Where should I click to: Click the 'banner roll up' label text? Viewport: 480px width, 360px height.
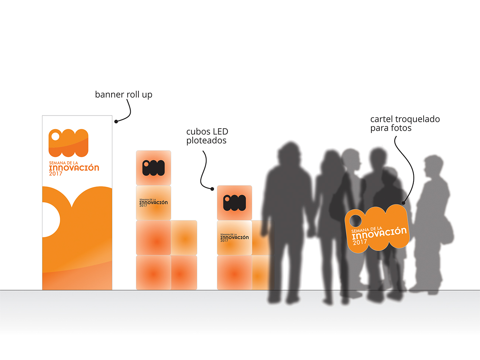pyautogui.click(x=123, y=95)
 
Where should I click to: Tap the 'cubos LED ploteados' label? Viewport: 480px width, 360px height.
pyautogui.click(x=207, y=136)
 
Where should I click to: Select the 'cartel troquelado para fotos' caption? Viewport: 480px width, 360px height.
pyautogui.click(x=405, y=123)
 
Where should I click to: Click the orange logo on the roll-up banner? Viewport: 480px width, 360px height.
pyautogui.click(x=69, y=143)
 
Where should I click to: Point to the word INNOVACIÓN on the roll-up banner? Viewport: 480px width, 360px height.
pyautogui.click(x=74, y=168)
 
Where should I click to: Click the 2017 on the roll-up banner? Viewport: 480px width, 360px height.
pyautogui.click(x=56, y=174)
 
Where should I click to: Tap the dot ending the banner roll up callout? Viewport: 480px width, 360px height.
pyautogui.click(x=116, y=121)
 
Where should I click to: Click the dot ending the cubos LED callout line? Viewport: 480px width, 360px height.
pyautogui.click(x=212, y=189)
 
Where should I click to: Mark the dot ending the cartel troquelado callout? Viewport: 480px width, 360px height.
pyautogui.click(x=404, y=203)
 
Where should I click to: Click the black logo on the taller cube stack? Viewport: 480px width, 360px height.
pyautogui.click(x=153, y=168)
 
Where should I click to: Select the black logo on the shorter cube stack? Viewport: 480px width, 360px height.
pyautogui.click(x=234, y=203)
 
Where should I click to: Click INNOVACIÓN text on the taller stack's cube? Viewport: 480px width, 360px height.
pyautogui.click(x=154, y=203)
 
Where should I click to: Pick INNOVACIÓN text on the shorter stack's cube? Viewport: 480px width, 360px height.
pyautogui.click(x=234, y=237)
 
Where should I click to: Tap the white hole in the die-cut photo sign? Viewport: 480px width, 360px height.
pyautogui.click(x=356, y=221)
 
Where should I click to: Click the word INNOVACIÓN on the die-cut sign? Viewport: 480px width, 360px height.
pyautogui.click(x=379, y=233)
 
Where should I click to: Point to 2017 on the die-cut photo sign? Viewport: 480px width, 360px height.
pyautogui.click(x=360, y=242)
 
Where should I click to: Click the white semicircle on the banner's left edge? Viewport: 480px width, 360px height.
pyautogui.click(x=51, y=220)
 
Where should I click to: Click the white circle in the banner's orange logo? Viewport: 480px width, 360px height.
pyautogui.click(x=55, y=136)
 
